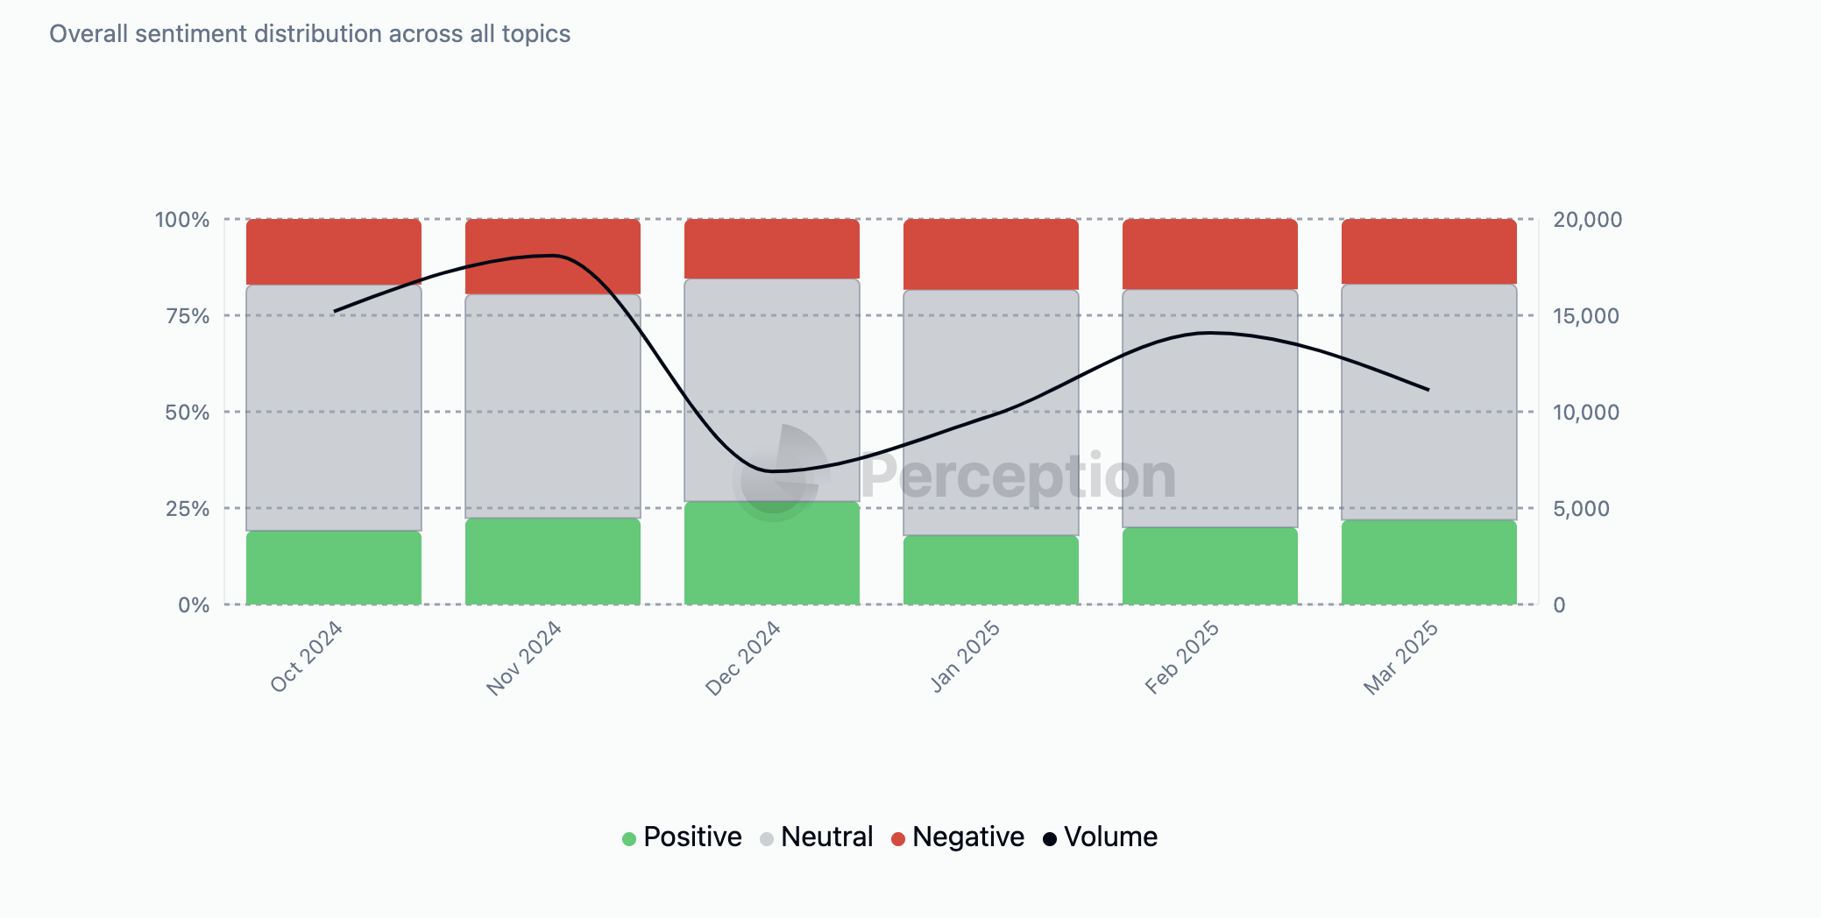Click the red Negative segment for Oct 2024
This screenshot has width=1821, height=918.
tap(334, 251)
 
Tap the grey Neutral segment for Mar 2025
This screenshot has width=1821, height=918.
tap(1429, 402)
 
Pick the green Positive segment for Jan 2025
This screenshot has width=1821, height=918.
tap(991, 570)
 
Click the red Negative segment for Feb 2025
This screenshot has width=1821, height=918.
tap(1210, 254)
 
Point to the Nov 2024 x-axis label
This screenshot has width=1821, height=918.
tap(524, 658)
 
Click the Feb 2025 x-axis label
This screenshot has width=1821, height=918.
tap(1182, 658)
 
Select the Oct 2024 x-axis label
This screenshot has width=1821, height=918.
tap(306, 658)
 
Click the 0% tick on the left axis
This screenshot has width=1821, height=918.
tap(194, 605)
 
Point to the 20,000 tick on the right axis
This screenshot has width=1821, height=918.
tap(1587, 220)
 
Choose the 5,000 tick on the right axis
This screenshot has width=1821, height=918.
tap(1581, 509)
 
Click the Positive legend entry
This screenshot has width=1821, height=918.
tap(683, 837)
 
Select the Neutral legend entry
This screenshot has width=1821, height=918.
tap(817, 837)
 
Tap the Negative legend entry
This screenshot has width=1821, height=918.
tap(958, 837)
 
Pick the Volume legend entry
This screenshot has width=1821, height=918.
tap(1101, 837)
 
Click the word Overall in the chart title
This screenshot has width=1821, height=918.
tap(89, 34)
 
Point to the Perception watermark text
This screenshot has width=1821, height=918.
tap(1018, 477)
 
